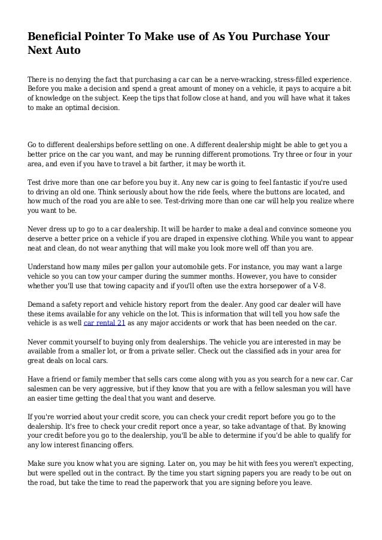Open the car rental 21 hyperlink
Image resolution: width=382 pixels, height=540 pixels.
pyautogui.click(x=105, y=323)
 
